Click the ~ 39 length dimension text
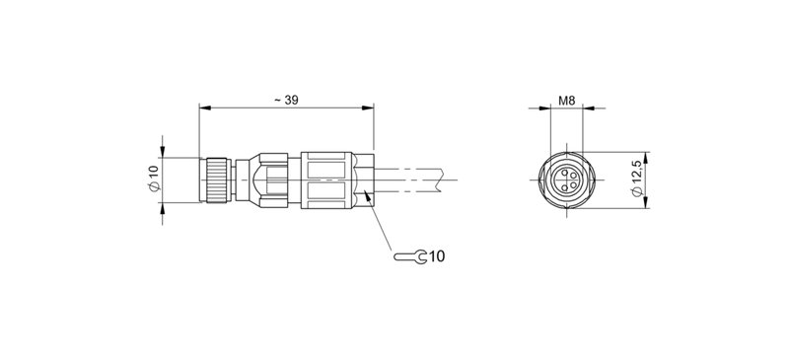pos(285,100)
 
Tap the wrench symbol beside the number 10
pos(410,257)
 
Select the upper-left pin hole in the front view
pos(562,176)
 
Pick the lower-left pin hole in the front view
pos(562,185)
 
